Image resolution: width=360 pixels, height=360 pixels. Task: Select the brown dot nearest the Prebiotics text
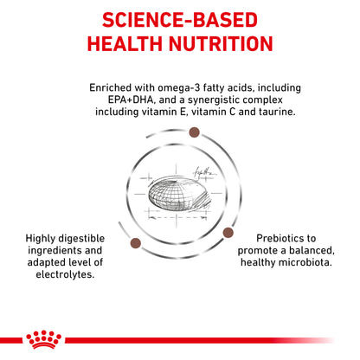(229, 233)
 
